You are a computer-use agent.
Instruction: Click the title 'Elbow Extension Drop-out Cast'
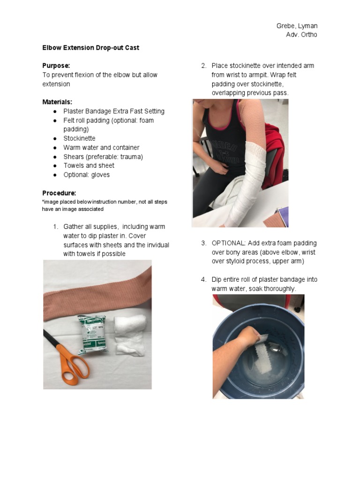pos(90,48)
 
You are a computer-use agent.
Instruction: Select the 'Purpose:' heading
pos(56,66)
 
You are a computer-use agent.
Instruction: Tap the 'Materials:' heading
pos(57,102)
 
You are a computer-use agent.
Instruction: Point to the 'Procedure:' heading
pos(59,193)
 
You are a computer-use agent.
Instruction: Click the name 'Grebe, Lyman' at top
pos(297,26)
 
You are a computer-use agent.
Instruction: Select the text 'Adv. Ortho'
pos(301,35)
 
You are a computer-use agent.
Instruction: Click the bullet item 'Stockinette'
pos(79,138)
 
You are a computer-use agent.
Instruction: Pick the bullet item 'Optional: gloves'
pos(86,175)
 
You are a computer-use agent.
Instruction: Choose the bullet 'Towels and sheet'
pos(89,165)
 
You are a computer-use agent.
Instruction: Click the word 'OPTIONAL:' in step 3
pos(227,243)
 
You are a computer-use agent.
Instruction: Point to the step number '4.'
pos(203,280)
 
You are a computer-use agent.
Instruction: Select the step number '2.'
pos(203,66)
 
